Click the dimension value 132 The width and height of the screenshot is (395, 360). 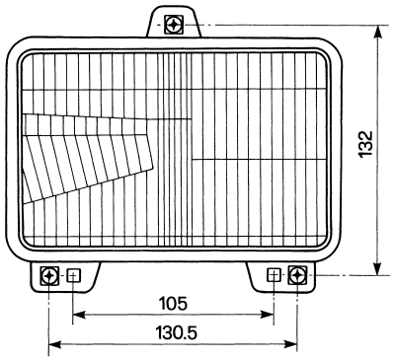[365, 145]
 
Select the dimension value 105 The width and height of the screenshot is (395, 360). [173, 304]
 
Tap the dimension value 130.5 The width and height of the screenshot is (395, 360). [177, 333]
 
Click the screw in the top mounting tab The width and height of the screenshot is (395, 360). [173, 24]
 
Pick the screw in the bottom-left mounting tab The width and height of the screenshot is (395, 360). [49, 276]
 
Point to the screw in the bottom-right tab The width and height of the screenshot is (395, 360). [297, 275]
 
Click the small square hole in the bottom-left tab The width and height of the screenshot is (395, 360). [74, 275]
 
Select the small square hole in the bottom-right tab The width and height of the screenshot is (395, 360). [274, 275]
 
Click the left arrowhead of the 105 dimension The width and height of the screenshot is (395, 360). [79, 315]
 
